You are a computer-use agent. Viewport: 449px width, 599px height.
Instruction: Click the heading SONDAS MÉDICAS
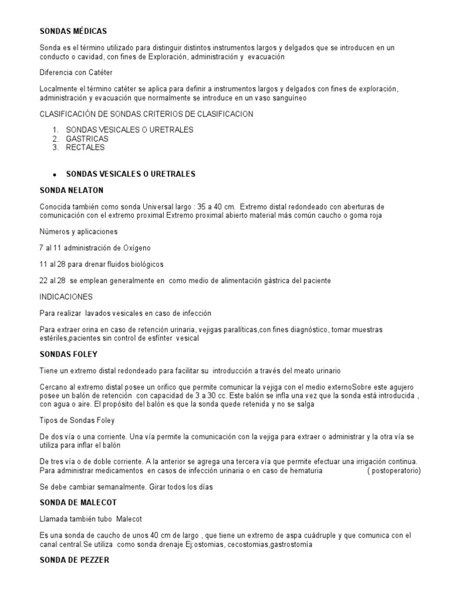(x=73, y=31)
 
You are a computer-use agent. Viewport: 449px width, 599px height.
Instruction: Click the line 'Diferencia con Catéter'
(x=76, y=72)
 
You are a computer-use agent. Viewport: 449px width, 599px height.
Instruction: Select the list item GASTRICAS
(x=87, y=139)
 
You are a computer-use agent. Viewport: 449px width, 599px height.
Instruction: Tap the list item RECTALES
(x=85, y=147)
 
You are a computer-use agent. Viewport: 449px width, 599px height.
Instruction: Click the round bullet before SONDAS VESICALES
(x=53, y=175)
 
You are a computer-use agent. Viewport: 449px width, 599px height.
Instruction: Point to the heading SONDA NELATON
(x=71, y=190)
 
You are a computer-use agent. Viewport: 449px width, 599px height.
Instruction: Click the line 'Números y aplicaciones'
(x=78, y=231)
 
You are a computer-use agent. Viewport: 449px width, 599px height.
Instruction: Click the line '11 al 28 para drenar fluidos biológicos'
(x=101, y=264)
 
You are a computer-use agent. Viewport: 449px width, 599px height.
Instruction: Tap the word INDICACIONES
(x=65, y=297)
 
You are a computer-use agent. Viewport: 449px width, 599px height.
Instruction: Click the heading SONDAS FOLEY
(x=68, y=354)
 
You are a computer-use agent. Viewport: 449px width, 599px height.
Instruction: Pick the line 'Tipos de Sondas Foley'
(x=77, y=421)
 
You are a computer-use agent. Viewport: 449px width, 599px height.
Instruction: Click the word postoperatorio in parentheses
(x=396, y=470)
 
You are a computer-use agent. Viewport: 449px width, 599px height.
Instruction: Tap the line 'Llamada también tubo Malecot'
(x=91, y=519)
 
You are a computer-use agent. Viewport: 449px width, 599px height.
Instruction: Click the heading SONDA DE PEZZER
(x=74, y=560)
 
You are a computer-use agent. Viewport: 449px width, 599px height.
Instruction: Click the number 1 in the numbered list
(x=54, y=130)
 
